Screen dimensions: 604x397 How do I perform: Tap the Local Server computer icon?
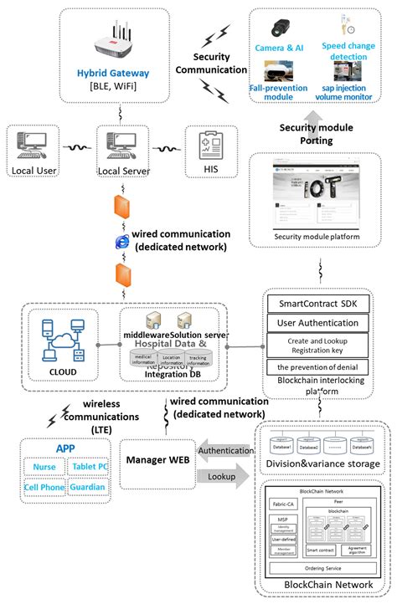[116, 143]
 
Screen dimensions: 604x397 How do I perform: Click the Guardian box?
[87, 487]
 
